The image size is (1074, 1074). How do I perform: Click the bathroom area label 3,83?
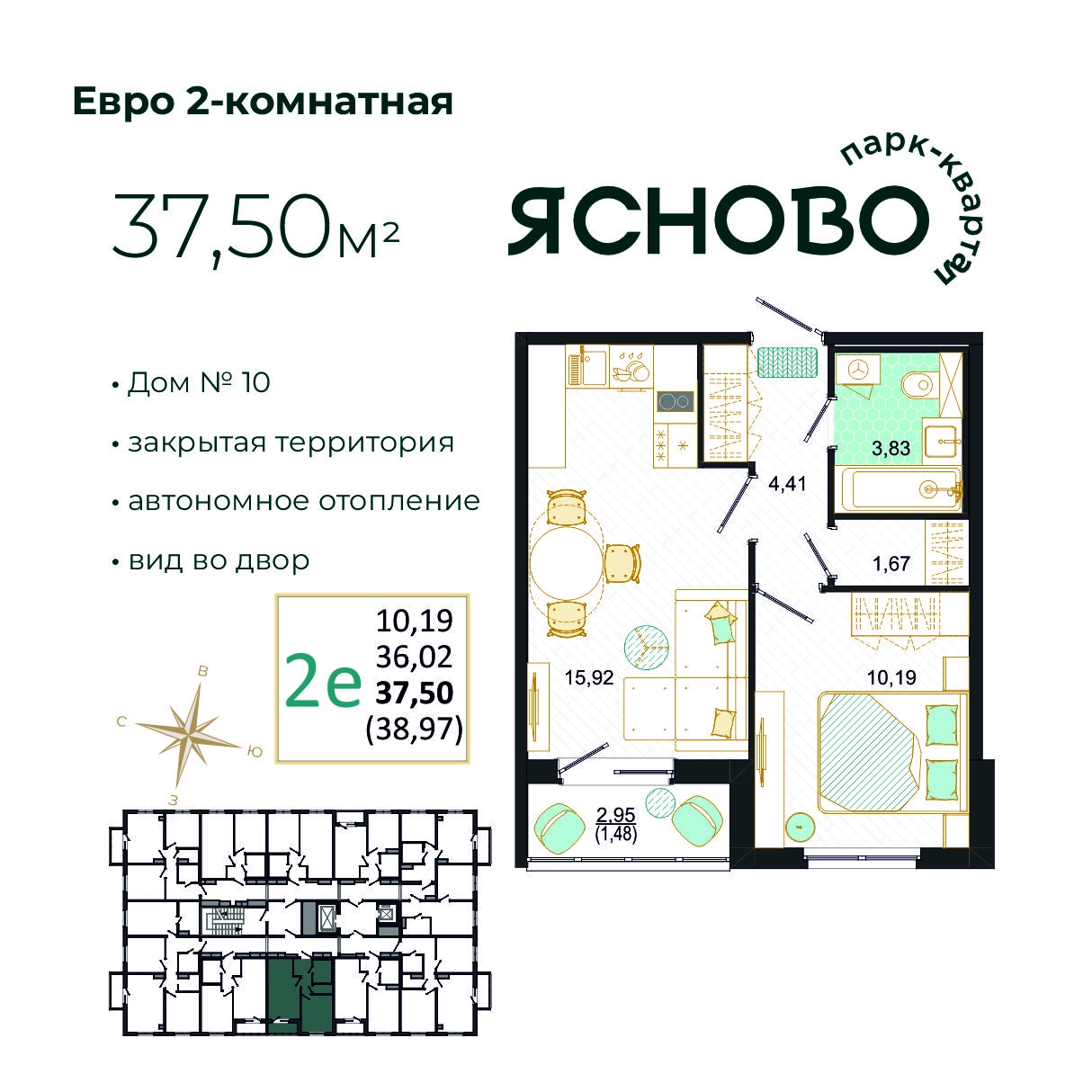891,449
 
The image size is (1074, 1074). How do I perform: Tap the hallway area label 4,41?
787,484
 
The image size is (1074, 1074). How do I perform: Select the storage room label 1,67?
891,564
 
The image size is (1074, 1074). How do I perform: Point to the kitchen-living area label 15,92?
588,677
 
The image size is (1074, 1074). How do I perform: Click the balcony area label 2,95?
615,815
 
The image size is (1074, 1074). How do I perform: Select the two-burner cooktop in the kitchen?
675,400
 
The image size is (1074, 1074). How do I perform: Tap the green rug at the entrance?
788,362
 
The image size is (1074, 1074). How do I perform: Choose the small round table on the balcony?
660,802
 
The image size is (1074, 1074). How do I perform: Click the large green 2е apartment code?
322,679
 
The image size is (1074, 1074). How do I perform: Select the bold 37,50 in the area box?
415,693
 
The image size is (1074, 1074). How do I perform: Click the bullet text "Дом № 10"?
199,382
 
